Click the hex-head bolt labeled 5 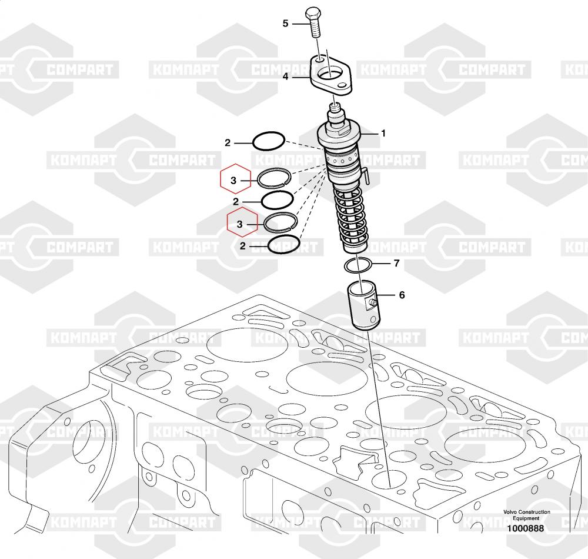(314, 22)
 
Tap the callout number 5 (285, 24)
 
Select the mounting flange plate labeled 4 (331, 74)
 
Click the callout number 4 (285, 76)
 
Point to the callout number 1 (383, 133)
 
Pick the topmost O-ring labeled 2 (269, 141)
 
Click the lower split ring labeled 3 (280, 222)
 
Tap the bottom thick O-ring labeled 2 (283, 245)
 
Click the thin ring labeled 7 (358, 265)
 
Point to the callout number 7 (397, 264)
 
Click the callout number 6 (402, 295)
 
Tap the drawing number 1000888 (525, 528)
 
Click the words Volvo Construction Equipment (526, 515)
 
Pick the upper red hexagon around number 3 (235, 178)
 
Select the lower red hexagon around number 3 (242, 222)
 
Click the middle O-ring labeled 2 (277, 200)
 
